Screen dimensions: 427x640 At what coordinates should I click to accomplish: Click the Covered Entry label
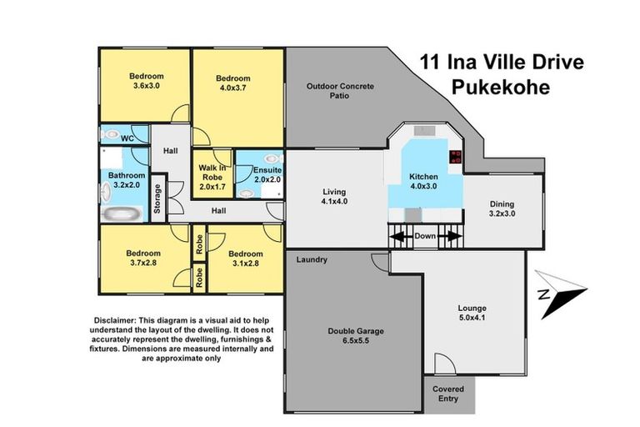[x=448, y=393]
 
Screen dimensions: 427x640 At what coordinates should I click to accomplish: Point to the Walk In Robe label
[x=212, y=173]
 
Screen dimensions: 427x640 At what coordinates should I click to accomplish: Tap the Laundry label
[x=312, y=260]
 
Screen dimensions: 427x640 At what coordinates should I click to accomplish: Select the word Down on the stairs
[x=425, y=236]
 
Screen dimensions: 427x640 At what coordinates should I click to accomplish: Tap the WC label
[x=127, y=137]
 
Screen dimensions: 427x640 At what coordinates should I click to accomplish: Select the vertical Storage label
[x=157, y=198]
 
